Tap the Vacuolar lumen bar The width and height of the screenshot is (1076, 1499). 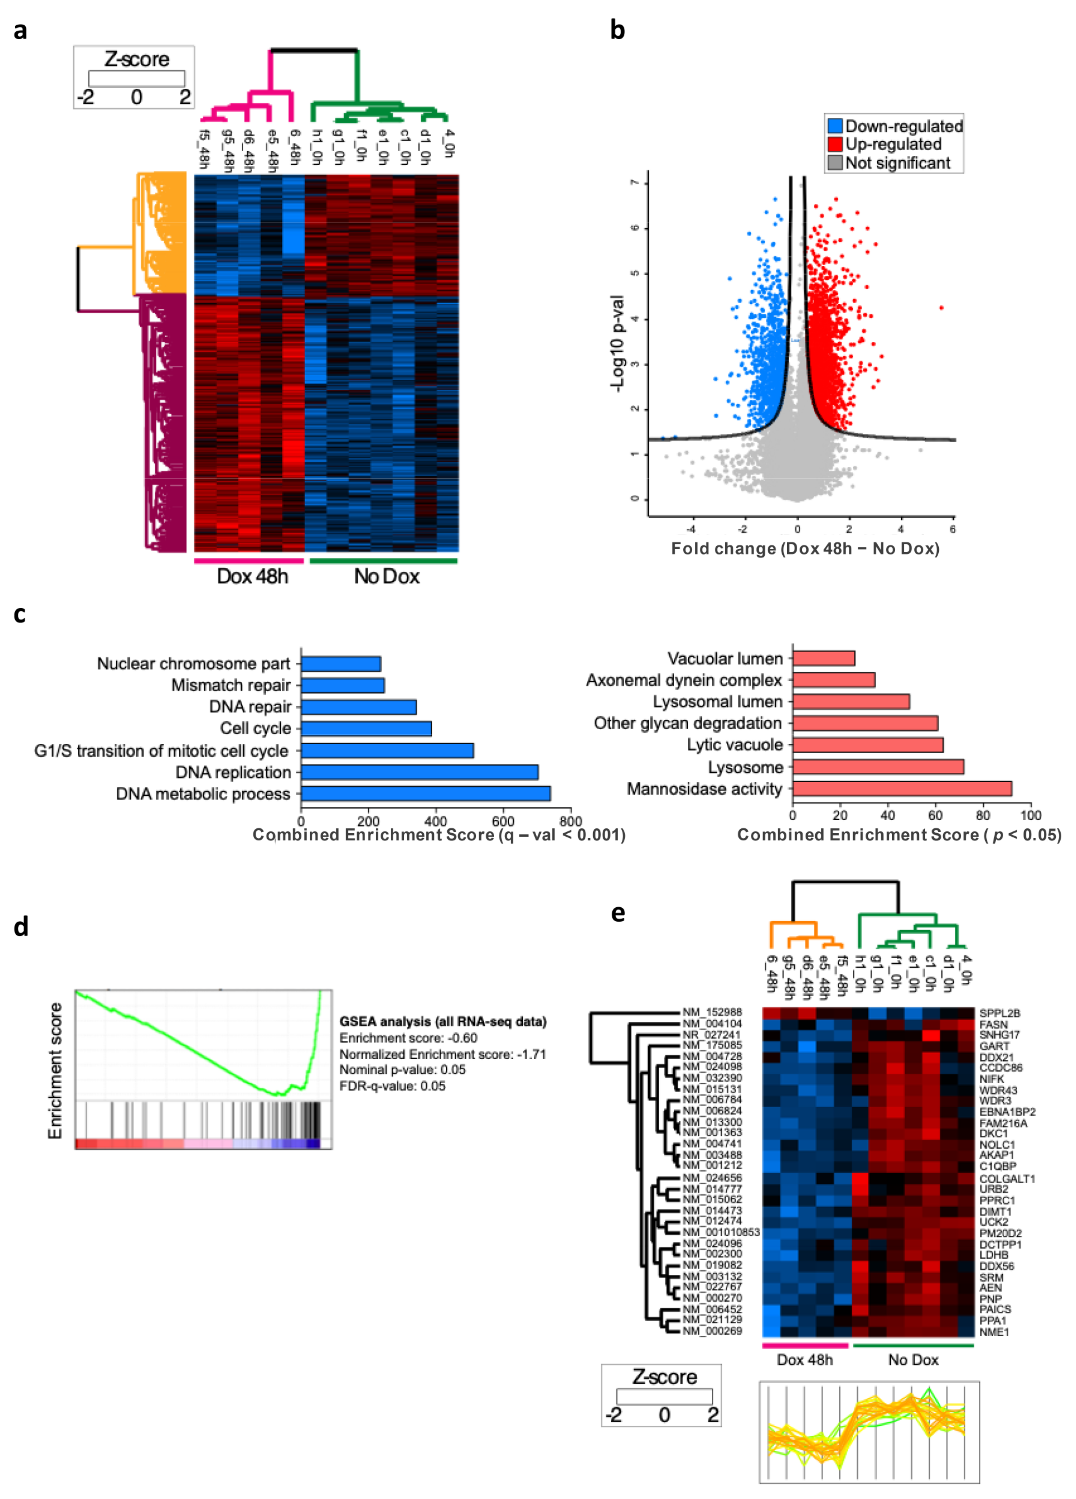tap(824, 658)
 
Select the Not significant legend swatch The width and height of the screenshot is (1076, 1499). tap(835, 163)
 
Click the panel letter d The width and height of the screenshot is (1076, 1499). tap(21, 927)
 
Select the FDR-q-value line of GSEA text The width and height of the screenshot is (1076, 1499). tap(392, 1086)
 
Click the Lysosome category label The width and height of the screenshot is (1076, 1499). tap(745, 767)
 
